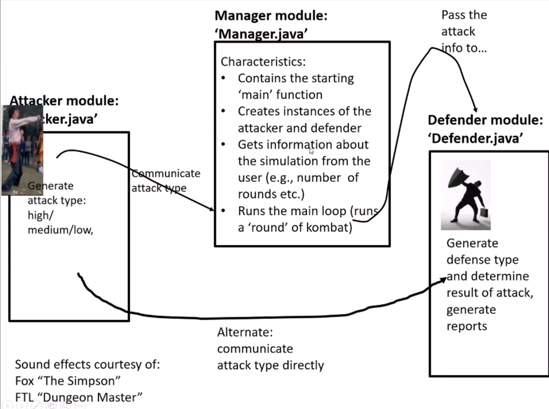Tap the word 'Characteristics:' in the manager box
click(x=263, y=61)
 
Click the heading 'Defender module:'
click(x=485, y=120)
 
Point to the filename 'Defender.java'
click(x=475, y=138)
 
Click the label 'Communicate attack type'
click(x=165, y=180)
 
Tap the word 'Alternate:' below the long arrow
click(x=246, y=332)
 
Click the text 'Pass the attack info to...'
click(x=464, y=32)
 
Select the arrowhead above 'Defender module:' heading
click(x=474, y=109)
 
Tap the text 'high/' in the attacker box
click(x=40, y=216)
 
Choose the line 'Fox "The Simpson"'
click(x=68, y=380)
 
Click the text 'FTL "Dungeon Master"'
click(x=78, y=396)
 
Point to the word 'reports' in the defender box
click(x=467, y=326)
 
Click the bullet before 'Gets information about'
click(x=225, y=145)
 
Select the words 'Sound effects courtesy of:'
click(x=87, y=364)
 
